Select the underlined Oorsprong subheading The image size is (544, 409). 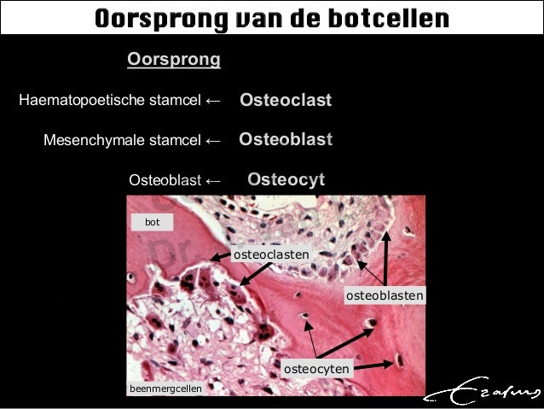point(173,60)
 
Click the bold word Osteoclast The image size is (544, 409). point(286,101)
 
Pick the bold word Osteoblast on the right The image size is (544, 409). point(286,140)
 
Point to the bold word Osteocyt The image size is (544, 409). point(286,179)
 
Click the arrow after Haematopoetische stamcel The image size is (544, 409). point(213,102)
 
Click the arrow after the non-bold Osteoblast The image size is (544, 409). point(213,180)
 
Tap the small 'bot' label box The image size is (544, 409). point(153,222)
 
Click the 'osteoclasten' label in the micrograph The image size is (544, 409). point(270,254)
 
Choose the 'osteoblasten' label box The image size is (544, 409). point(385,295)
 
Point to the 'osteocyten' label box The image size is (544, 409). point(316,369)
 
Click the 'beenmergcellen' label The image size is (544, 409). point(166,389)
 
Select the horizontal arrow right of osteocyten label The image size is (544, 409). point(375,364)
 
